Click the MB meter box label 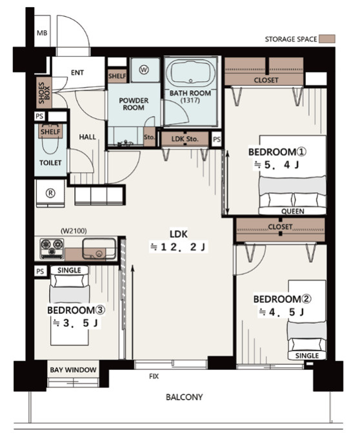coord(42,33)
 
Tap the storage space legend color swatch coord(327,39)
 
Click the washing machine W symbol coord(144,70)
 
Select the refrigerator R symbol coord(50,193)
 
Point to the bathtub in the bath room coord(190,72)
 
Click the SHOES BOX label coord(44,93)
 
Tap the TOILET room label coord(50,163)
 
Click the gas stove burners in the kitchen coord(52,248)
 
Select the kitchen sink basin coord(99,248)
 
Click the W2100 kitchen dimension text coord(74,231)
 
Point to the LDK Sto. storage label coord(185,139)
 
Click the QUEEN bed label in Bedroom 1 coord(293,211)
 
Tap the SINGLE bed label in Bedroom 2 coord(307,356)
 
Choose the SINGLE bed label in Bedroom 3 coord(69,270)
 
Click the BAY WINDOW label coord(73,370)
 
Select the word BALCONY coord(184,397)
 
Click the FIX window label coord(154,376)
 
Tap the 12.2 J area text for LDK coord(179,247)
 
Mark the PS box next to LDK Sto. coord(217,139)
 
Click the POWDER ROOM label coord(134,104)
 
